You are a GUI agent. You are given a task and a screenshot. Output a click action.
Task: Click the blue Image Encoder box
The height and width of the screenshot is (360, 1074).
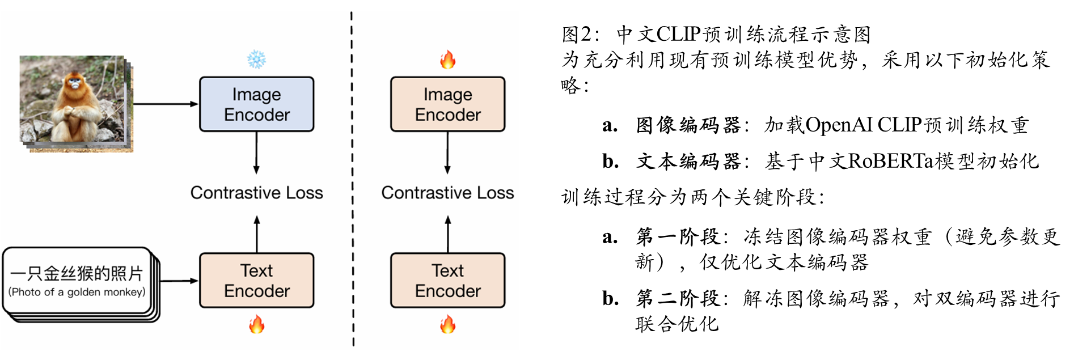(256, 104)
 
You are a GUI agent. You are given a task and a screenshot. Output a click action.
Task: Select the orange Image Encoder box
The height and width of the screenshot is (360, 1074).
(447, 104)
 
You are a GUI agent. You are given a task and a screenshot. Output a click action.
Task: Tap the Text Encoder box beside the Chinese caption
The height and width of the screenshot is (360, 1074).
(256, 281)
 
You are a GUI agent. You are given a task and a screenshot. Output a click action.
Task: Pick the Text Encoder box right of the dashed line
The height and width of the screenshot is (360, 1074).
(447, 281)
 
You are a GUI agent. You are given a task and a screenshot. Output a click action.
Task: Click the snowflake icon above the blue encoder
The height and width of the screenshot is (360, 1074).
(256, 60)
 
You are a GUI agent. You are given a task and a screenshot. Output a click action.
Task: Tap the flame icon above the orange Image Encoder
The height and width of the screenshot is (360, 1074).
(447, 60)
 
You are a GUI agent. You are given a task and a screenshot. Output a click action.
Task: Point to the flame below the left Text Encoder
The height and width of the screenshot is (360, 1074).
(256, 325)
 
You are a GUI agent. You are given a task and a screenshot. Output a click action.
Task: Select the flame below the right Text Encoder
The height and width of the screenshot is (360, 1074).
(447, 325)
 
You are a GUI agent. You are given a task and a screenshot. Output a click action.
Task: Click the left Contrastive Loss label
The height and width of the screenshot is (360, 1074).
(256, 193)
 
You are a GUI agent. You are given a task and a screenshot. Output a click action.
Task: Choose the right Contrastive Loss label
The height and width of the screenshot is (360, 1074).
(447, 193)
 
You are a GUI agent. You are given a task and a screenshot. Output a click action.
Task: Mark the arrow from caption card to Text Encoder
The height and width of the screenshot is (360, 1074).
(179, 281)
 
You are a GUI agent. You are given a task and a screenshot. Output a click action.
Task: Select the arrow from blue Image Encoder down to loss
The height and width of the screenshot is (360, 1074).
(256, 152)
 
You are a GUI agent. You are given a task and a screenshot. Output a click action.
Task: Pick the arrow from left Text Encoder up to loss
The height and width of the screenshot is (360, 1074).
(256, 234)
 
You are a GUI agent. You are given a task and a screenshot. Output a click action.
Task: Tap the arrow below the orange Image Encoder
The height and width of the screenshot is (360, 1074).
(447, 152)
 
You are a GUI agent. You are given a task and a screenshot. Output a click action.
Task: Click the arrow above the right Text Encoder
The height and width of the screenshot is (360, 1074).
(447, 234)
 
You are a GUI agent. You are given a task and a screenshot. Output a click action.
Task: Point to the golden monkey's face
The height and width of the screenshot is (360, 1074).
(74, 84)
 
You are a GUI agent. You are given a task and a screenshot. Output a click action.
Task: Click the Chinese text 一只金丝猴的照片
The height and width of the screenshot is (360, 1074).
(77, 274)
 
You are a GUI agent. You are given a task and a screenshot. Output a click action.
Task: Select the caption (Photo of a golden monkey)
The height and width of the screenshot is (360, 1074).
(77, 292)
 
